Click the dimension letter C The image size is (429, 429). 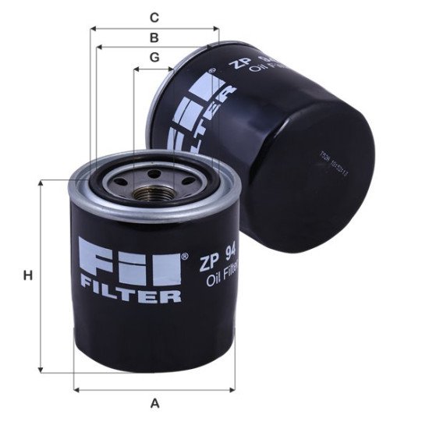[x=154, y=16]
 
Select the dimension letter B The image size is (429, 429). [x=154, y=37]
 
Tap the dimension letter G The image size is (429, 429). [x=154, y=57]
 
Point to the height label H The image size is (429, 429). [x=27, y=275]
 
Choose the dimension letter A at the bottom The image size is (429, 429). [x=154, y=403]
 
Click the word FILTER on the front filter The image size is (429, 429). [x=131, y=296]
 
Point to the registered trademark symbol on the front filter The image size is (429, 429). [x=184, y=254]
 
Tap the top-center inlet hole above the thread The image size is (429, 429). [x=154, y=173]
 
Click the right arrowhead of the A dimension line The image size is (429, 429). [x=234, y=388]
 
